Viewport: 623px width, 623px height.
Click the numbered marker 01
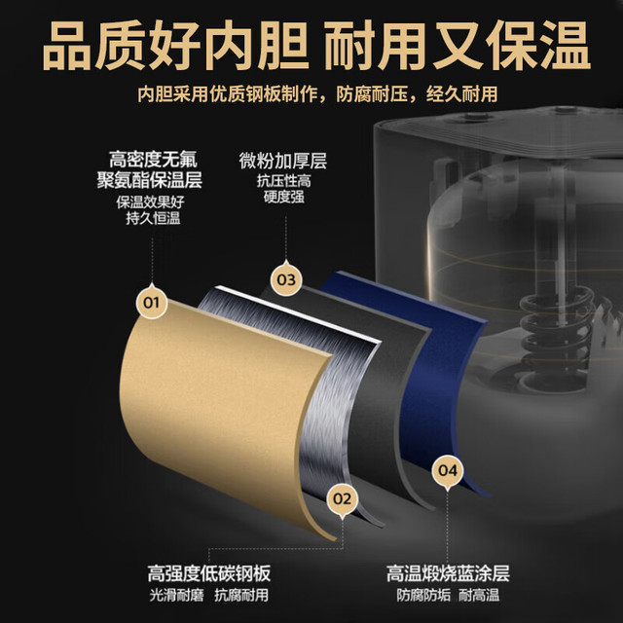coord(151,303)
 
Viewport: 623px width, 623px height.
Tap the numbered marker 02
coord(343,498)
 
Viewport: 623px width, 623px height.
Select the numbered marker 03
coord(286,279)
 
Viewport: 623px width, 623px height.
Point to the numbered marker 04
coord(448,471)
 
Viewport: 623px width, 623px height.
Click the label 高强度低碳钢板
coord(209,573)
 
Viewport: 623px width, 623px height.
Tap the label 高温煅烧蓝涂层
coord(448,573)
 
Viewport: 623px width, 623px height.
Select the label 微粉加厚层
coord(283,161)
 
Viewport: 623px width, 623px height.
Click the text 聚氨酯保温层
coord(149,180)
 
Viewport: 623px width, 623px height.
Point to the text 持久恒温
coord(153,218)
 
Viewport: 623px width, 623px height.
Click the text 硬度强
coord(283,197)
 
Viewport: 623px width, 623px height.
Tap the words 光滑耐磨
coord(176,595)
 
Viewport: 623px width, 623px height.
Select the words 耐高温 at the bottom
coord(479,595)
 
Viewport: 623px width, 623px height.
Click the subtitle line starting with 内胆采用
coord(317,94)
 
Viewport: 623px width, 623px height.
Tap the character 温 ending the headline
coord(566,46)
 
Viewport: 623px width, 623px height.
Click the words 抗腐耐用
coord(241,595)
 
